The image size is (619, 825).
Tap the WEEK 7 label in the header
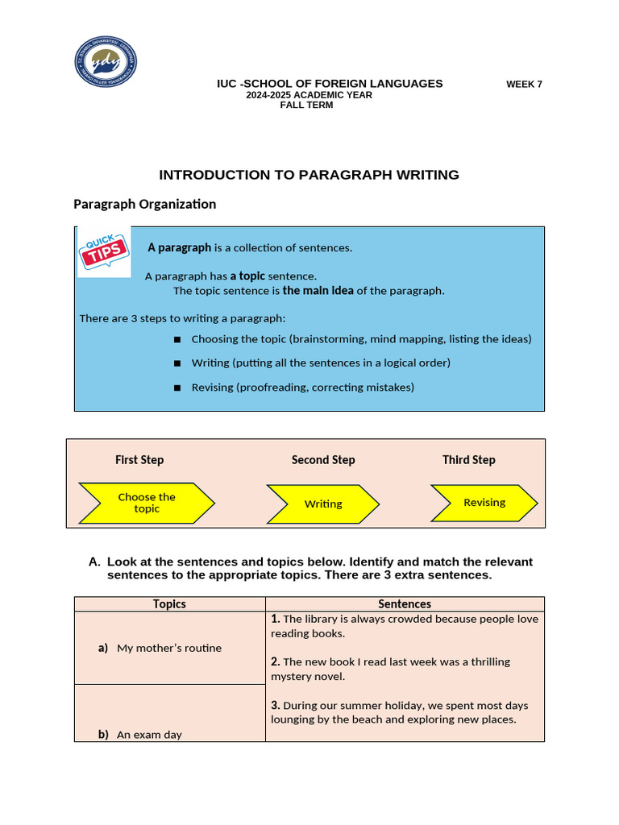524,85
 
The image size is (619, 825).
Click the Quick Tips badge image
104,252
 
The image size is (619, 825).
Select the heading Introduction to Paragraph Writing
309,175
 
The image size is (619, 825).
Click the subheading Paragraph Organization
145,205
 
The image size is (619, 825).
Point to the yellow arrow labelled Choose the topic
147,503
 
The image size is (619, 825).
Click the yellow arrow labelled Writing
323,504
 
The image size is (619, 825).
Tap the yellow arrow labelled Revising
484,502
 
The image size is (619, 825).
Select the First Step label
139,460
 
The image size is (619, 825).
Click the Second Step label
323,460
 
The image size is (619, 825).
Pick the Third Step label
469,460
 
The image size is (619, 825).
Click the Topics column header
169,604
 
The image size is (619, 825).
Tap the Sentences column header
405,604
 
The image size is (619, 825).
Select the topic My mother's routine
168,648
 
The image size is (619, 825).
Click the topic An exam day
149,735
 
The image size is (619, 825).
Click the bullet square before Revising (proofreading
177,388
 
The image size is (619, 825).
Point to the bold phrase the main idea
318,291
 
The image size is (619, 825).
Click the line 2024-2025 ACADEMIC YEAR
309,95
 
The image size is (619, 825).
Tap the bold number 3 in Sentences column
275,706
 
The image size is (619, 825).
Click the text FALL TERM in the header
306,105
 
